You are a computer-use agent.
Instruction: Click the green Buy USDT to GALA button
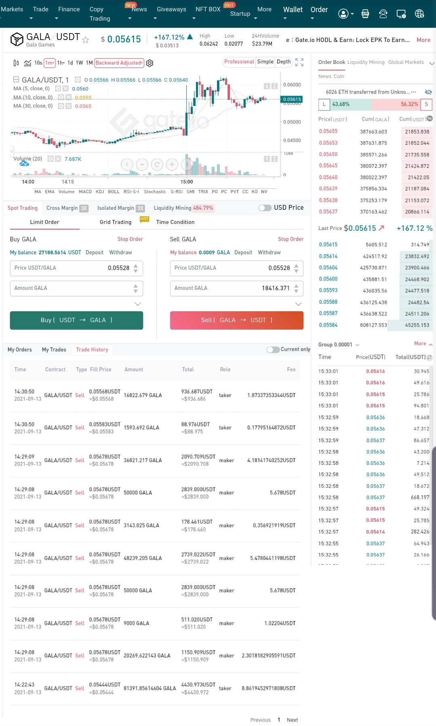tap(76, 320)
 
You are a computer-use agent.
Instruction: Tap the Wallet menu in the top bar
tap(293, 10)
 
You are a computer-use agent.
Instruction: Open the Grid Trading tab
tap(116, 222)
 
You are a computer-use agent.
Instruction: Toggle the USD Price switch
tap(265, 208)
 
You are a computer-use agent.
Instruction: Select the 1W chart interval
tap(80, 63)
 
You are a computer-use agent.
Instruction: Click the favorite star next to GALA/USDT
tap(85, 40)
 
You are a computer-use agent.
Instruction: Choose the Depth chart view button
tap(284, 62)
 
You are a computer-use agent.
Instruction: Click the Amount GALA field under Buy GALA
tap(71, 288)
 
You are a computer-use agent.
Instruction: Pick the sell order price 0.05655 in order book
tap(328, 131)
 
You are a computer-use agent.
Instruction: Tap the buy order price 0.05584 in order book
tap(328, 325)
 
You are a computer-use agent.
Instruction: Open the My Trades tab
tap(54, 350)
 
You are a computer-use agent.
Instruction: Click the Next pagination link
tap(292, 720)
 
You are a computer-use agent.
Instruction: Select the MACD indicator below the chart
tap(85, 192)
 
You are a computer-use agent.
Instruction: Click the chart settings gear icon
tap(150, 63)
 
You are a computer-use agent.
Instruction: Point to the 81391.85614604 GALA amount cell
tap(150, 688)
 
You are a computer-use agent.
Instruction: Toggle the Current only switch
tap(273, 350)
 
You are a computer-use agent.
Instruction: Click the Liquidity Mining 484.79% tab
tap(183, 208)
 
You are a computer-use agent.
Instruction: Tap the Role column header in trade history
tap(225, 369)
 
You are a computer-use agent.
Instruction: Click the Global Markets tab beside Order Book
tap(406, 62)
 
